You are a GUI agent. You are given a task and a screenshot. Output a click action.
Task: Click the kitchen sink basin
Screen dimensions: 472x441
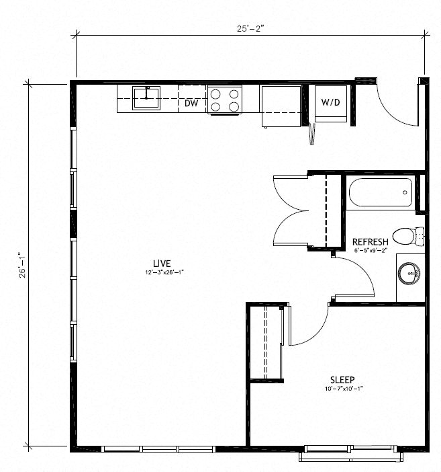[x=146, y=97]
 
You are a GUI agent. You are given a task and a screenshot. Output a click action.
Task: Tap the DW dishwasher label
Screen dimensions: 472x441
[x=191, y=104]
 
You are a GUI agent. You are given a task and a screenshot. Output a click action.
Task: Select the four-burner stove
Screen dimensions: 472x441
[x=224, y=100]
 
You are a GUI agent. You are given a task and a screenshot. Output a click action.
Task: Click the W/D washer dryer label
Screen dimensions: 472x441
[x=330, y=103]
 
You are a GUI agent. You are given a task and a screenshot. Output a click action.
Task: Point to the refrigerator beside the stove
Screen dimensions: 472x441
[x=281, y=106]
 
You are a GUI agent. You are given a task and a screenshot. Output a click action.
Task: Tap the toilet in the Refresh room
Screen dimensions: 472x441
[x=405, y=236]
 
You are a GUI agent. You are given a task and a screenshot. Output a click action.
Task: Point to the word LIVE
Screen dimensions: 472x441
[x=161, y=262]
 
